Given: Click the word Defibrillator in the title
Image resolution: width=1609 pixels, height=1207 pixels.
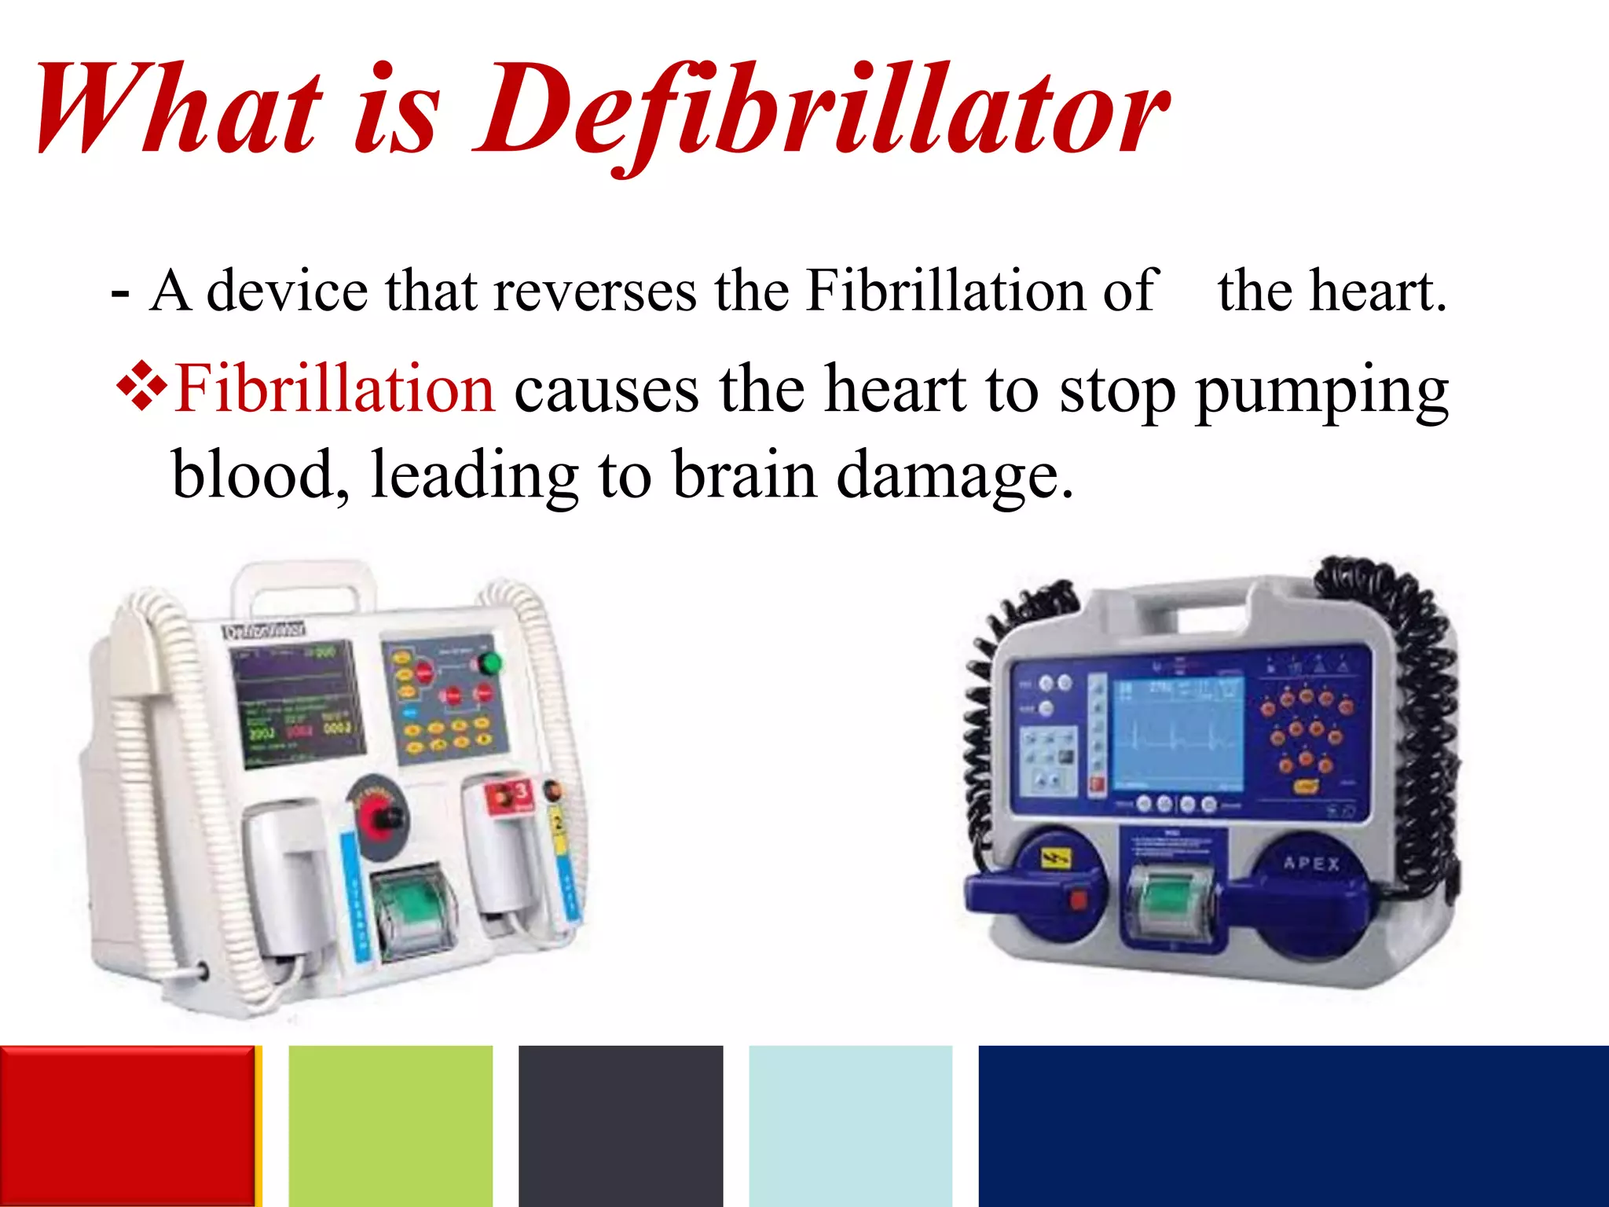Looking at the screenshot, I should pyautogui.click(x=821, y=110).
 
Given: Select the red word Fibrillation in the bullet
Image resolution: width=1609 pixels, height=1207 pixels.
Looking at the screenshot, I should pyautogui.click(x=335, y=388).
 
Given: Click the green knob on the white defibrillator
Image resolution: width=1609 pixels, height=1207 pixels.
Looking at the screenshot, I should pyautogui.click(x=489, y=663).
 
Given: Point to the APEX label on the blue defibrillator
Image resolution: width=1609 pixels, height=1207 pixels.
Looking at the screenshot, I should pyautogui.click(x=1311, y=864).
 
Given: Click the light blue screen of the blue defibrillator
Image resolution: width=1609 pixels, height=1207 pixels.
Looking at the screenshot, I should pyautogui.click(x=1177, y=735).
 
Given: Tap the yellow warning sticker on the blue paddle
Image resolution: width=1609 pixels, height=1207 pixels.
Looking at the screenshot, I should pyautogui.click(x=1053, y=858).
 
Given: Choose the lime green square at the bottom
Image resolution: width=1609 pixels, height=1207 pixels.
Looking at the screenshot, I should pyautogui.click(x=390, y=1125).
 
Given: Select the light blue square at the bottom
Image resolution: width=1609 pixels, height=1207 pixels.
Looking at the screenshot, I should pyautogui.click(x=850, y=1125).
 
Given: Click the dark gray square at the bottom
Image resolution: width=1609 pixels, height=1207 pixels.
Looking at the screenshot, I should pyautogui.click(x=621, y=1125).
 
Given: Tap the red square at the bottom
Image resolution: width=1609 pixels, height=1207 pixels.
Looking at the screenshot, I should pyautogui.click(x=127, y=1125).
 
